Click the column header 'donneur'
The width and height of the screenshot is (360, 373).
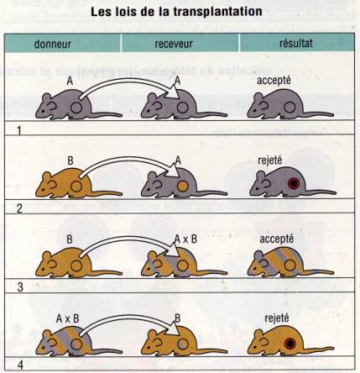click(x=53, y=44)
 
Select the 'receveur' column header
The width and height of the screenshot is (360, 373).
click(x=174, y=44)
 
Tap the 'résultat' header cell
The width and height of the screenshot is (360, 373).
click(x=296, y=43)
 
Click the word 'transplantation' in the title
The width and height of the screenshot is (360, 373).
click(x=217, y=12)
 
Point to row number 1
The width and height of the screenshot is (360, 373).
click(x=19, y=131)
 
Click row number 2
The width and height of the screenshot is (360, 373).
click(x=19, y=209)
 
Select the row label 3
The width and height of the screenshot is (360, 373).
click(x=20, y=287)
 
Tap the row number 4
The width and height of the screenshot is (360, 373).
click(x=20, y=365)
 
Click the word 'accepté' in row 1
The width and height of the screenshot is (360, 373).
click(x=274, y=81)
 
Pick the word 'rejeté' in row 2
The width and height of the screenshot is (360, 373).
click(x=269, y=160)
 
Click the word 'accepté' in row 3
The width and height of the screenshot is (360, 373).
click(x=277, y=239)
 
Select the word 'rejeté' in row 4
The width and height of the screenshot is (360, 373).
click(x=277, y=318)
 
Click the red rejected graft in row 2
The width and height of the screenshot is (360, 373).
click(x=294, y=183)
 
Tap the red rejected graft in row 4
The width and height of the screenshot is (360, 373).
click(x=290, y=344)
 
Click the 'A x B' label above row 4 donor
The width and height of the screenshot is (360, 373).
click(x=67, y=319)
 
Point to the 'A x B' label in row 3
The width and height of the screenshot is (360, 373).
click(x=185, y=239)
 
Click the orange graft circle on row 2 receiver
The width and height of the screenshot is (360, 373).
click(x=182, y=186)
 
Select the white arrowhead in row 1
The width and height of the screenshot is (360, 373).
click(x=174, y=92)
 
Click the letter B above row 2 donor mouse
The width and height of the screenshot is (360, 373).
click(x=70, y=161)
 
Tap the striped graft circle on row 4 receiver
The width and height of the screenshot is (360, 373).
click(x=182, y=344)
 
